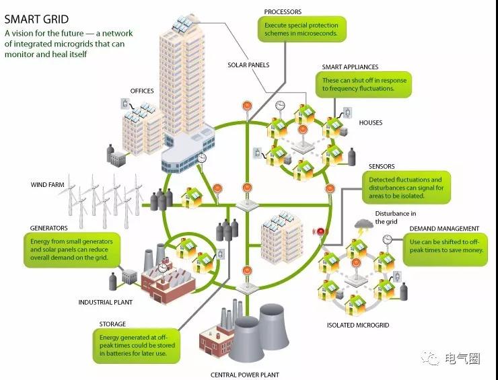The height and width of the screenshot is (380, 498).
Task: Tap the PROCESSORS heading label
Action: click(283, 11)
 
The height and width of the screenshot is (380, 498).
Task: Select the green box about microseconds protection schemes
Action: click(301, 29)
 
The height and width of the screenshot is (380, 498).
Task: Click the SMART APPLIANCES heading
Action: click(350, 67)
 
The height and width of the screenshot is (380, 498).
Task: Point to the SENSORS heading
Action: click(382, 166)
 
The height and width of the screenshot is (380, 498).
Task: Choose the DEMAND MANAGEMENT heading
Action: click(444, 229)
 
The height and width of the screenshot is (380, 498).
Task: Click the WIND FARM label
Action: click(47, 184)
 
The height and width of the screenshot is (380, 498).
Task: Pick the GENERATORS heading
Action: click(48, 228)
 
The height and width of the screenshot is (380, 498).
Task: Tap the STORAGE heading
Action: click(112, 324)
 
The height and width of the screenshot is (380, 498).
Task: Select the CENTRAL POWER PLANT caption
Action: click(244, 375)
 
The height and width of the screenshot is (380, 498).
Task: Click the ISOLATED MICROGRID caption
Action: click(358, 325)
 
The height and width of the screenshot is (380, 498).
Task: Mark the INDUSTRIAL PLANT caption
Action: click(104, 302)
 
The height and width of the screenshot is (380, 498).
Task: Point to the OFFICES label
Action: click(142, 91)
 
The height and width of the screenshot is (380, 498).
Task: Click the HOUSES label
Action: click(370, 122)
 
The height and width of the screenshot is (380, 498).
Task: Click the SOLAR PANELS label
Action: click(248, 65)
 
